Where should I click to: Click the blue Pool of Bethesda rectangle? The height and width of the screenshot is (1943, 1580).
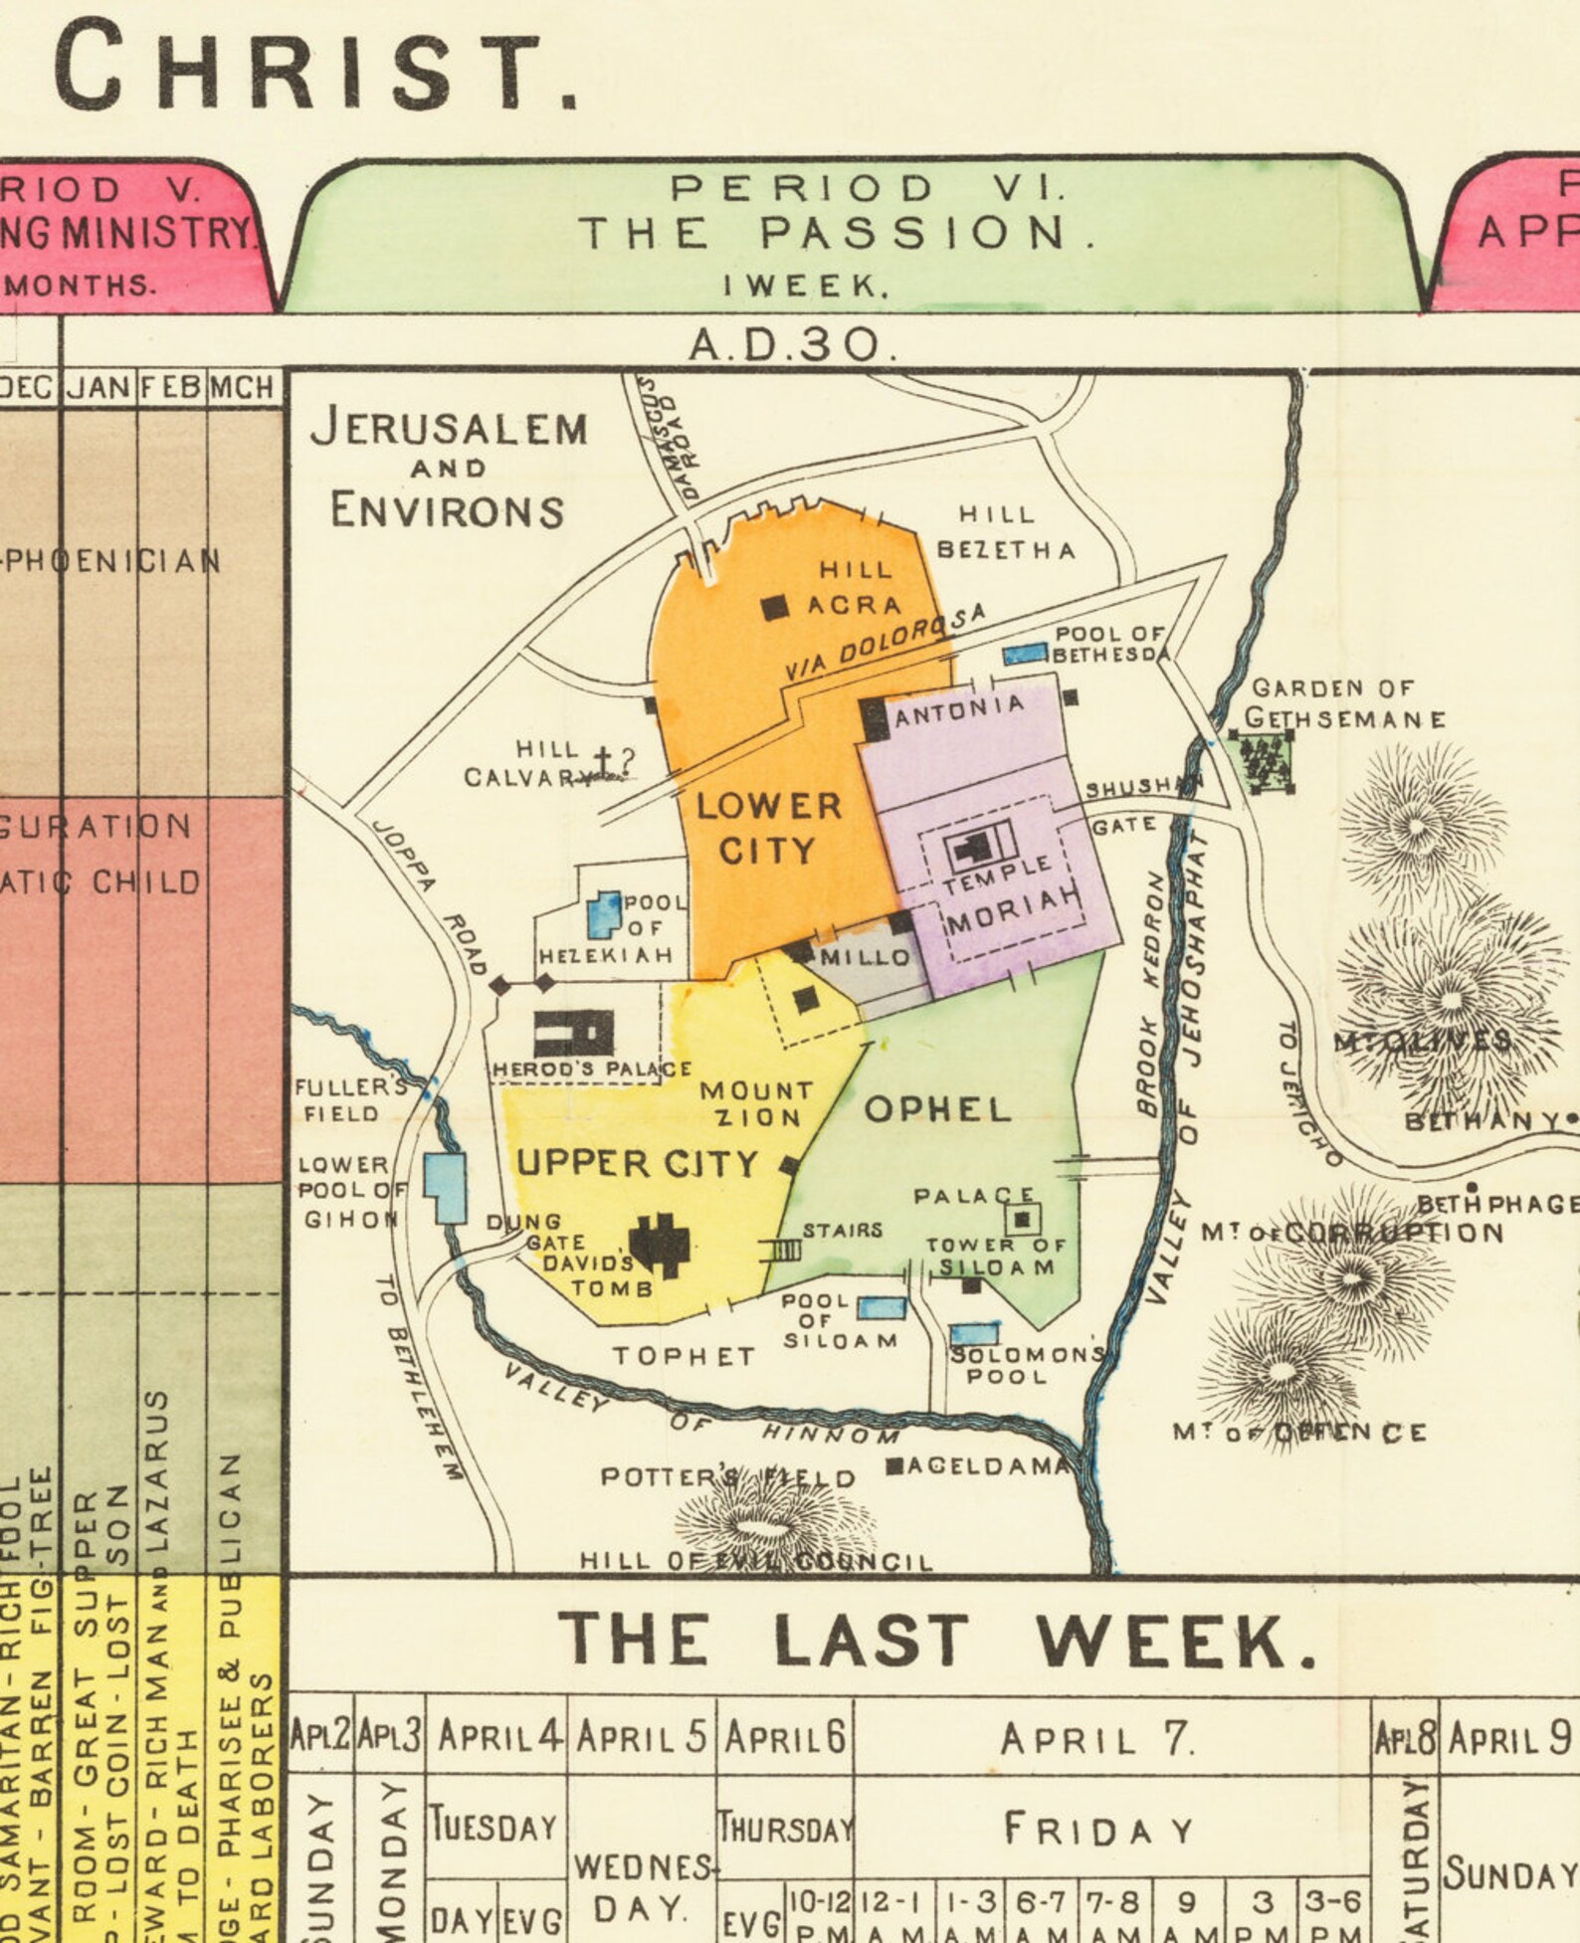click(x=1025, y=654)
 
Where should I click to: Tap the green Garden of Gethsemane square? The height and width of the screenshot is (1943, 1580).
click(x=1262, y=762)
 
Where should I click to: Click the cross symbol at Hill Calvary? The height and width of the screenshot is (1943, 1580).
click(x=602, y=760)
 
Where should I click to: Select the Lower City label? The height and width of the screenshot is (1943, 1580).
click(x=768, y=828)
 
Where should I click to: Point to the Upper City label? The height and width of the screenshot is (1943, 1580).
click(x=637, y=1163)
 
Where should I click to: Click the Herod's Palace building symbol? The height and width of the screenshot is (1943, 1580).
click(x=574, y=1033)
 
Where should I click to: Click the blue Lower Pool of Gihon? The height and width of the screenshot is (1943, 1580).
click(x=445, y=1187)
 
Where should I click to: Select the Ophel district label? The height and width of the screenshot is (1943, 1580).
click(x=937, y=1110)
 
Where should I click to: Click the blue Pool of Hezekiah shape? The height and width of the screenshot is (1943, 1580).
click(x=602, y=915)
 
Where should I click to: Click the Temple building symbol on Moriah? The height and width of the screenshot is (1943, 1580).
click(x=978, y=847)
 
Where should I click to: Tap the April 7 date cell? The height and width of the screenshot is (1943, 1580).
click(x=1097, y=1739)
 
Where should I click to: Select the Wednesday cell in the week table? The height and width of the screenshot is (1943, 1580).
click(x=642, y=1886)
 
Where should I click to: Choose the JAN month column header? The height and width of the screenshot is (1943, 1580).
click(x=99, y=387)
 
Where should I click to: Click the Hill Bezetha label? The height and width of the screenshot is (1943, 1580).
click(x=1005, y=532)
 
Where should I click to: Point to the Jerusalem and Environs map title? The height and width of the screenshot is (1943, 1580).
click(x=449, y=469)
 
